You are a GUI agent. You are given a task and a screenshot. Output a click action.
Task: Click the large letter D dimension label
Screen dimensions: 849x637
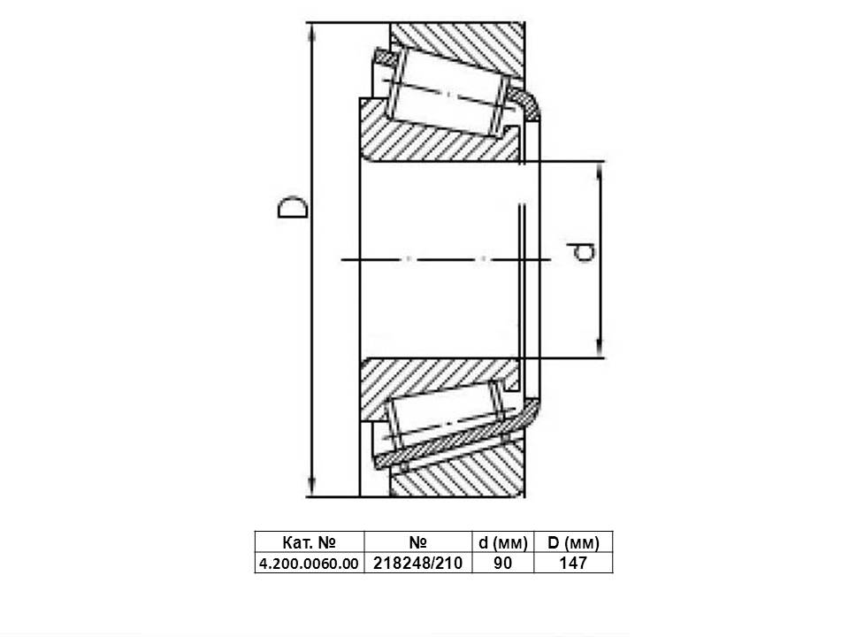pyautogui.click(x=293, y=208)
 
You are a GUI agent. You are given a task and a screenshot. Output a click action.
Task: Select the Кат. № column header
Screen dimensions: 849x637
pyautogui.click(x=310, y=542)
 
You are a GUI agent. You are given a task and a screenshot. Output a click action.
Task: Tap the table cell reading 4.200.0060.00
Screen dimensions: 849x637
pyautogui.click(x=310, y=564)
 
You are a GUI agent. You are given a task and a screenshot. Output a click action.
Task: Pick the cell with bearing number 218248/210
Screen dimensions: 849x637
pyautogui.click(x=418, y=564)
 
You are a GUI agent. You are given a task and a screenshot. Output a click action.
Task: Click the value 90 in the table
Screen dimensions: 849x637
pyautogui.click(x=502, y=564)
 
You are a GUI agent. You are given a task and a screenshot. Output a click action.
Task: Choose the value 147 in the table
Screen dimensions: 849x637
pyautogui.click(x=573, y=564)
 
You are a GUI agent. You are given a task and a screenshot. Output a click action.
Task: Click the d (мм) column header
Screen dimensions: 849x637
pyautogui.click(x=503, y=542)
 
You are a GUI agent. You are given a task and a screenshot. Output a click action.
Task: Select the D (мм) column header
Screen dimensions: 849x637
pyautogui.click(x=573, y=542)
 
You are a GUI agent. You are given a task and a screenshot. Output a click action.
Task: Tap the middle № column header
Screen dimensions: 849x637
pyautogui.click(x=418, y=542)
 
